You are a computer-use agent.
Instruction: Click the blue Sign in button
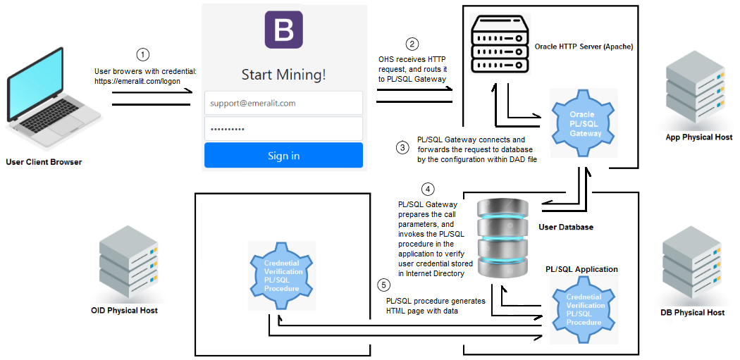(x=283, y=156)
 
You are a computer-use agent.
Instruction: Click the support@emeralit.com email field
(x=283, y=103)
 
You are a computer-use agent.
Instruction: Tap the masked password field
(x=283, y=129)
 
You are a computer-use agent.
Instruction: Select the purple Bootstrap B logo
(x=283, y=30)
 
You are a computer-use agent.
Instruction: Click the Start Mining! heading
(x=283, y=75)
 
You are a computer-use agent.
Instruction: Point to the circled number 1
(x=143, y=54)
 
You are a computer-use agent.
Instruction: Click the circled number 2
(x=412, y=43)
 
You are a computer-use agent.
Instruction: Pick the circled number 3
(x=402, y=148)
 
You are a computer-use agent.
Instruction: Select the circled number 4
(x=427, y=189)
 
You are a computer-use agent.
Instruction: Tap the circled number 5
(x=383, y=285)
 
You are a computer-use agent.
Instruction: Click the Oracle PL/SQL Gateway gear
(x=581, y=124)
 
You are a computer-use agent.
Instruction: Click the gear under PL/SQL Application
(x=585, y=310)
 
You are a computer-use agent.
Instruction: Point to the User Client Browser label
(x=44, y=162)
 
